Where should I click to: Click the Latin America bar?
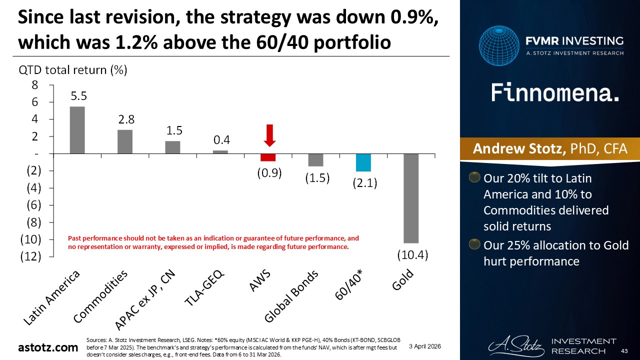coord(77,130)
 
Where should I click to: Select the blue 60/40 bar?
coord(363,162)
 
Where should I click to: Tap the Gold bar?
coord(411,198)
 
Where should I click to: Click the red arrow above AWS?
coord(270,135)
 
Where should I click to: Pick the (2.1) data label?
coord(363,183)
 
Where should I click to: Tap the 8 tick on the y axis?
coord(35,85)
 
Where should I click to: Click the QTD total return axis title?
coord(73,70)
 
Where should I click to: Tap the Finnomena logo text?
coord(555,92)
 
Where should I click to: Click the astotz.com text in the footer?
coord(47,347)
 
